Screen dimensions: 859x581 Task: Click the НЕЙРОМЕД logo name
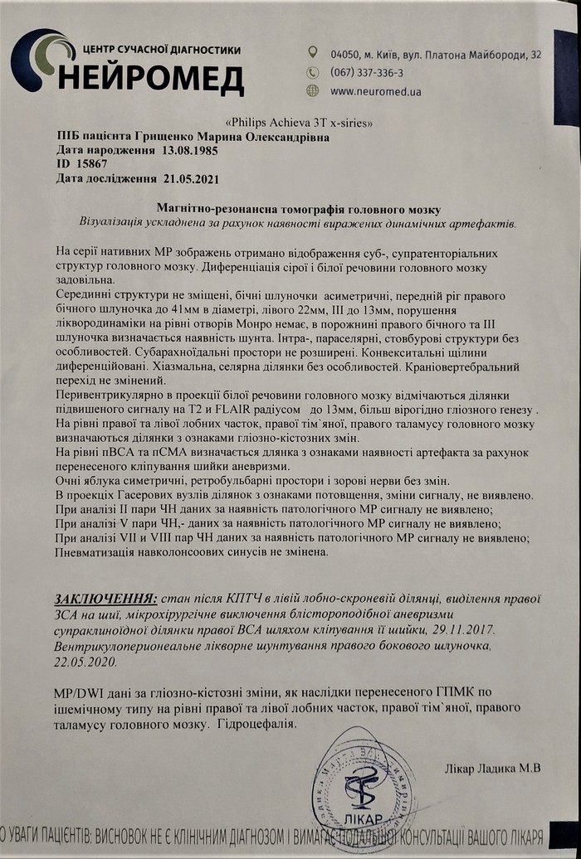[153, 80]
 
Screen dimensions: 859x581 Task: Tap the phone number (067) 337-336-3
[367, 72]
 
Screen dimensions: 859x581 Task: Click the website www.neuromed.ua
[375, 91]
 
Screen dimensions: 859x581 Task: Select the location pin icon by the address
[312, 53]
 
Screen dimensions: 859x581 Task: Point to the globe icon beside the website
[312, 91]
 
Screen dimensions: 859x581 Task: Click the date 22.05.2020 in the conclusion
[87, 663]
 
